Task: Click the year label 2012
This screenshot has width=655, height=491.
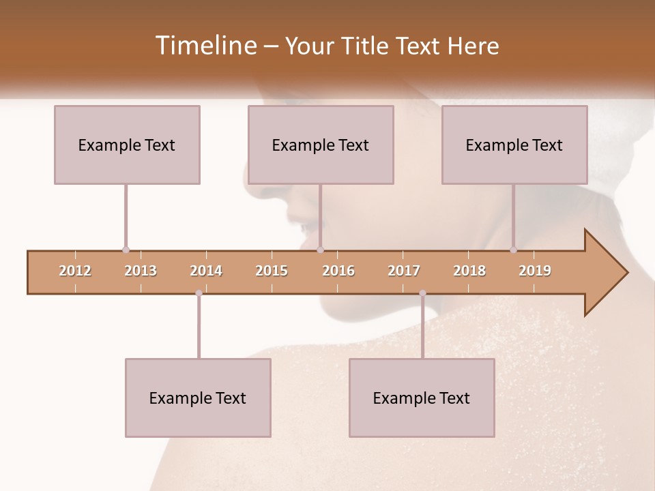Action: pos(75,271)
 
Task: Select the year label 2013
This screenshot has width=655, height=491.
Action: pos(141,271)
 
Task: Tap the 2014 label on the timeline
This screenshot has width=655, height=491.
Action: pos(206,271)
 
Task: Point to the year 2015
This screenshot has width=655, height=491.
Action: pos(272,271)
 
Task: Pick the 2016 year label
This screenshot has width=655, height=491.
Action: pos(338,271)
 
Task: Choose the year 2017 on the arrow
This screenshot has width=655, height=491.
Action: pos(404,271)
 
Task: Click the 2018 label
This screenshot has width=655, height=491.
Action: pos(469,271)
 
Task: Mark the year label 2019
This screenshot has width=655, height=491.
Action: pos(535,271)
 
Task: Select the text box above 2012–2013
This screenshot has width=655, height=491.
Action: pos(127,145)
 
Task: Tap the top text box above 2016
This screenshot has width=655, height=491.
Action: pos(321,145)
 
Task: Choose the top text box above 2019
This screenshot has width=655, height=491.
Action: pos(514,145)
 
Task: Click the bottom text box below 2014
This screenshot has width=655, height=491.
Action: pos(198,398)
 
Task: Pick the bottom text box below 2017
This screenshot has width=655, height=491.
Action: pos(422,398)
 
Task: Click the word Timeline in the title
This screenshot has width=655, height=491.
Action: pos(205,46)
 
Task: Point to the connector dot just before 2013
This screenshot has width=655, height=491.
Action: pos(126,250)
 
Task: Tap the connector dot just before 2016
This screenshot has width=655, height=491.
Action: pos(320,250)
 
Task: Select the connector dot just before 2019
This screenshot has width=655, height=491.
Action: pos(514,250)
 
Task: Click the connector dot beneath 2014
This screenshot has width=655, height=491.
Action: pos(199,293)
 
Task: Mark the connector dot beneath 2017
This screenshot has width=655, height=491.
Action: pos(422,293)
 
